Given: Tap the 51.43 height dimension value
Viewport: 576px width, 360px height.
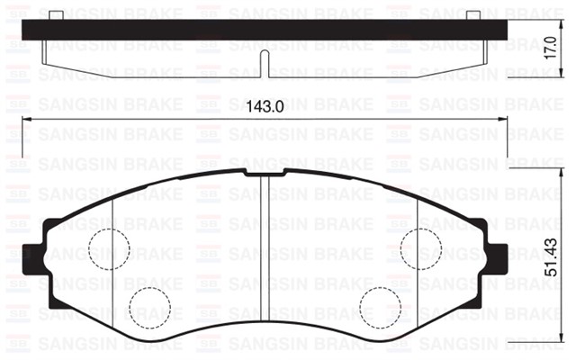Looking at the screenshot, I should pos(558,257).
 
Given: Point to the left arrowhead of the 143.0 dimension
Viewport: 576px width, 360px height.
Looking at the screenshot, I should pos(23,119).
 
